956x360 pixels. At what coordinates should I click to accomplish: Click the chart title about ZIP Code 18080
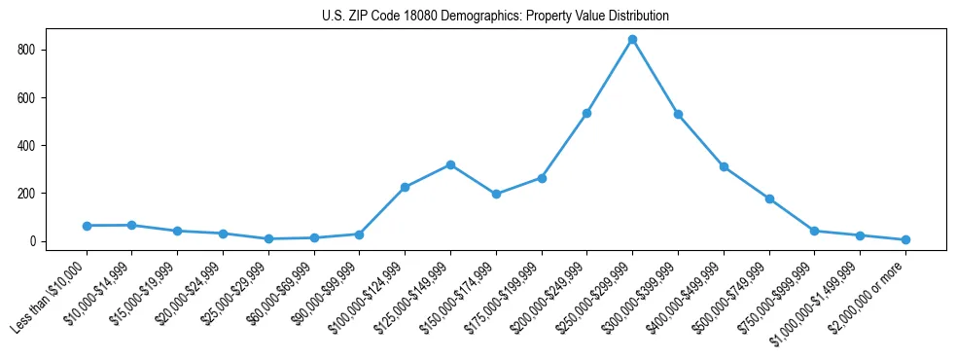495,17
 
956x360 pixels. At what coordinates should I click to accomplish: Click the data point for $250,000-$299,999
632,40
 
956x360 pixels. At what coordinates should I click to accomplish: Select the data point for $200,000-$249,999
586,113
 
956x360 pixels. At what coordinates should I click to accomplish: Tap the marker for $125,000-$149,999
450,164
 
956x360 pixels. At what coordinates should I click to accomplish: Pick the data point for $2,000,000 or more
905,239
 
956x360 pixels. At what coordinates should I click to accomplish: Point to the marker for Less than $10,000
87,226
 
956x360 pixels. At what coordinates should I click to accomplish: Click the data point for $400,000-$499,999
724,166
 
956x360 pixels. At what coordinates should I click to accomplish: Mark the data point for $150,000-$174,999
496,194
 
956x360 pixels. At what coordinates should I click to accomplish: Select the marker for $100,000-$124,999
405,187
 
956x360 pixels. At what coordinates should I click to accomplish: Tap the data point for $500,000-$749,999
769,198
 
